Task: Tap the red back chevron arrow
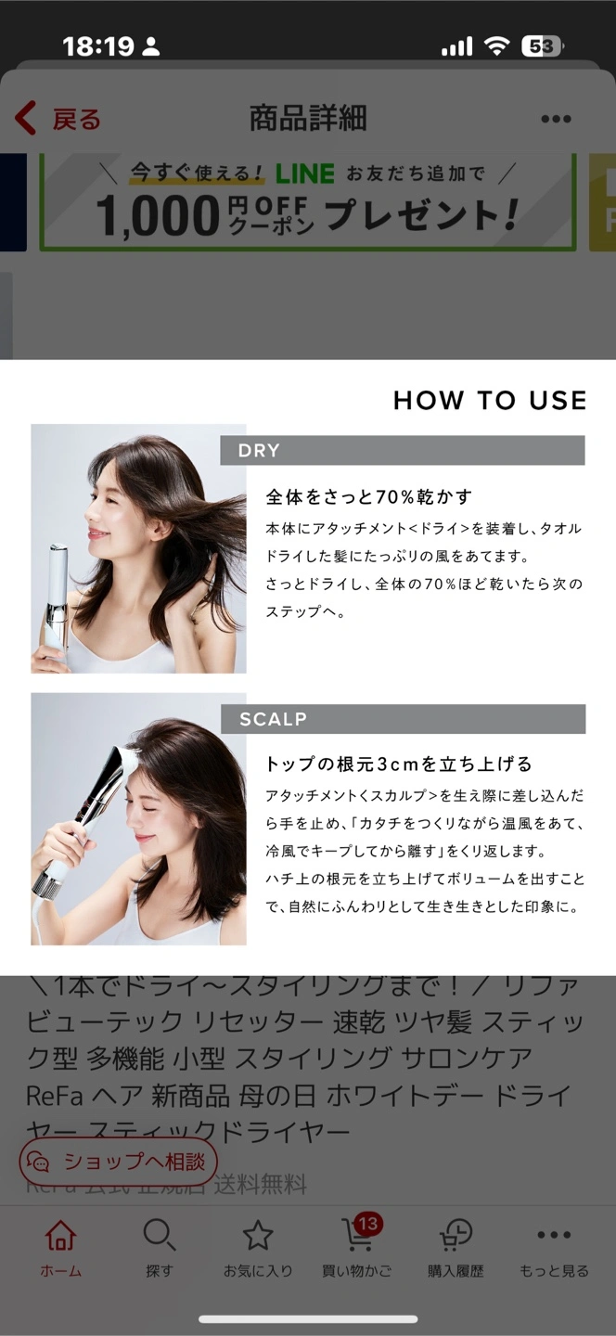pyautogui.click(x=26, y=118)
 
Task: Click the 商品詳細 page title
pyautogui.click(x=308, y=118)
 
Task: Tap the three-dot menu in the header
pyautogui.click(x=556, y=120)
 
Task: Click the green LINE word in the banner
pyautogui.click(x=304, y=173)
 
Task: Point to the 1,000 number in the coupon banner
pyautogui.click(x=158, y=216)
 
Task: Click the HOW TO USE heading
pyautogui.click(x=490, y=400)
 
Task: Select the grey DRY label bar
pyautogui.click(x=403, y=450)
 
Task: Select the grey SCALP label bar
pyautogui.click(x=404, y=719)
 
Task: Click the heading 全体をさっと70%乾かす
pyautogui.click(x=369, y=496)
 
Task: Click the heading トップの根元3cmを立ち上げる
pyautogui.click(x=398, y=764)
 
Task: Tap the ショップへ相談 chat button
pyautogui.click(x=118, y=1162)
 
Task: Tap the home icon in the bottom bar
pyautogui.click(x=61, y=1234)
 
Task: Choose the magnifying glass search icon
pyautogui.click(x=160, y=1234)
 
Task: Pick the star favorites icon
pyautogui.click(x=258, y=1234)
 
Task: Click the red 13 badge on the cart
pyautogui.click(x=368, y=1224)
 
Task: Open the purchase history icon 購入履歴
pyautogui.click(x=456, y=1234)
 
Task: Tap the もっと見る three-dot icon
pyautogui.click(x=554, y=1234)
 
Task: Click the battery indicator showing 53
pyautogui.click(x=542, y=46)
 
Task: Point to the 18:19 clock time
pyautogui.click(x=98, y=46)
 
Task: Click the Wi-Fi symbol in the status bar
pyautogui.click(x=496, y=45)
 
